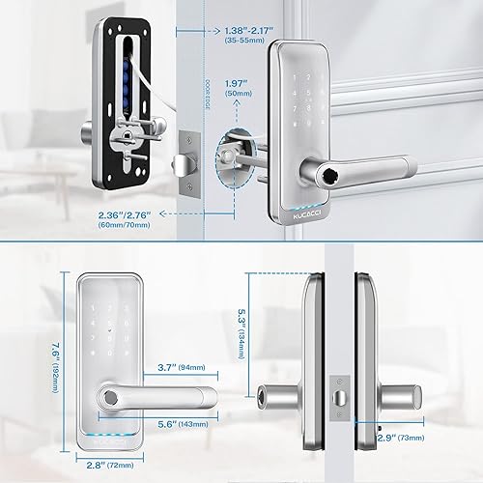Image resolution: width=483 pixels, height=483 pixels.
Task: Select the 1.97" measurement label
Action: [239, 83]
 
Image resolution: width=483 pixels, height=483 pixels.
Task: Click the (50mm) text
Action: [238, 97]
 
